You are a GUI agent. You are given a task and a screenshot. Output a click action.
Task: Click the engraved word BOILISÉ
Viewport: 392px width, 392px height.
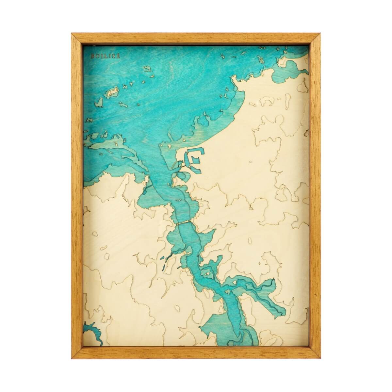[x=101, y=56]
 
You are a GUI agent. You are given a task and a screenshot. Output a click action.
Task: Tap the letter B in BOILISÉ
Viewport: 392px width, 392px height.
[x=92, y=56]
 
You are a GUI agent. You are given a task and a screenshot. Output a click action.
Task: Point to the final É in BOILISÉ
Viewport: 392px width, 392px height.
[x=109, y=56]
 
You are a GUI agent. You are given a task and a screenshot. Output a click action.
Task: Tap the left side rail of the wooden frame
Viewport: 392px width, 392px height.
[x=76, y=196]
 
